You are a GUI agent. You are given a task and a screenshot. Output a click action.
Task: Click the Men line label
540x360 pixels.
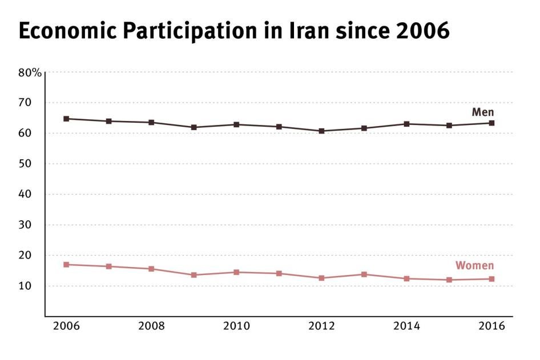[x=482, y=112]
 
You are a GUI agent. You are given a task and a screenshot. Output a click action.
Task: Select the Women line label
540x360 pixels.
[x=474, y=265]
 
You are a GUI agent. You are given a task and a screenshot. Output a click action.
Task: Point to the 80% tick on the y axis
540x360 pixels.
[x=29, y=72]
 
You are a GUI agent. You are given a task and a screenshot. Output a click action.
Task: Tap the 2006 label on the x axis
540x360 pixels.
[x=66, y=326]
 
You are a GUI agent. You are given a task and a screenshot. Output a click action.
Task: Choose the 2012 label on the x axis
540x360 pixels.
[x=321, y=326]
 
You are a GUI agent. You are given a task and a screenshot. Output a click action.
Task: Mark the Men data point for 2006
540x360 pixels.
[x=66, y=119]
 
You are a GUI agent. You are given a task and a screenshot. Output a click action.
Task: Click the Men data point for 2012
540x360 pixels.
[x=321, y=131]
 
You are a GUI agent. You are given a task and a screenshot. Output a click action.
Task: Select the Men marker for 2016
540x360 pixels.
[x=491, y=123]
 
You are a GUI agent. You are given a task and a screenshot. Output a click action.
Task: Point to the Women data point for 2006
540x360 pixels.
[x=66, y=265]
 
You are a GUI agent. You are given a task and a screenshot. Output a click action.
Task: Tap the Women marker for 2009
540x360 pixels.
[x=194, y=275]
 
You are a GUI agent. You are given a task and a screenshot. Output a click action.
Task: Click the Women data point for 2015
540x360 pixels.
[x=449, y=280]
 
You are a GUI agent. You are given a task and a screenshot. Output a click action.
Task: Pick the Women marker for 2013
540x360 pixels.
[x=364, y=274]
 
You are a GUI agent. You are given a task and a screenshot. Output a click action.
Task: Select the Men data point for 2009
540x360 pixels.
[x=194, y=127]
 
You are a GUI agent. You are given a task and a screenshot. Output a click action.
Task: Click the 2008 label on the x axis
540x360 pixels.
[x=151, y=326]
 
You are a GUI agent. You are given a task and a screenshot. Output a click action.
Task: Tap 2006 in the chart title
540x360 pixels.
[x=422, y=31]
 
